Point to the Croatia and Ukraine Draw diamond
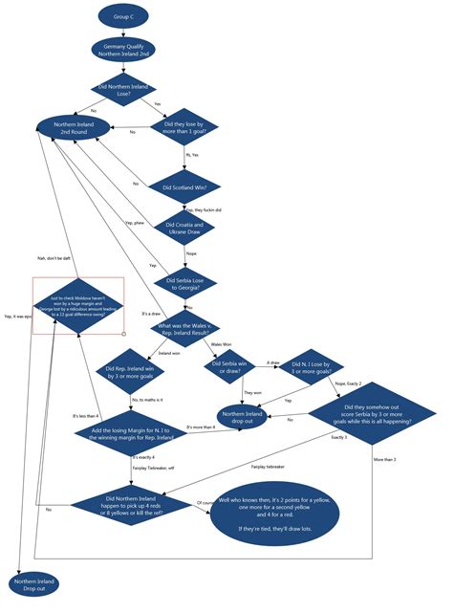click(x=183, y=230)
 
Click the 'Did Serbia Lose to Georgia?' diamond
click(x=183, y=282)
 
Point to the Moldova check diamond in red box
click(x=78, y=305)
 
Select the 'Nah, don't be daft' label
click(x=54, y=257)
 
